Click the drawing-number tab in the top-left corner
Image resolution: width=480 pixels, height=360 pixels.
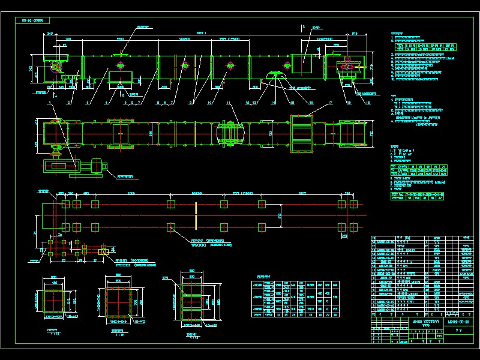[36, 20]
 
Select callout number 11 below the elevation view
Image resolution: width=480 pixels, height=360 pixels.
[229, 103]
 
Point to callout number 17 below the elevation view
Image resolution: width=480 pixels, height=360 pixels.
[330, 103]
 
